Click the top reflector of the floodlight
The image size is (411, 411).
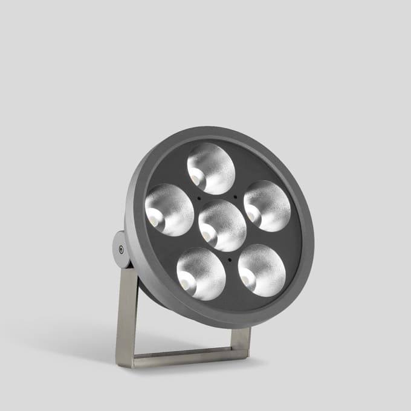pyautogui.click(x=211, y=169)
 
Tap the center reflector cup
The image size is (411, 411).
pyautogui.click(x=222, y=225)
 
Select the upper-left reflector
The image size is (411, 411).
pyautogui.click(x=169, y=210)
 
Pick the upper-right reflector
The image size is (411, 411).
pyautogui.click(x=267, y=205)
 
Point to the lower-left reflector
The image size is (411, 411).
pyautogui.click(x=201, y=274)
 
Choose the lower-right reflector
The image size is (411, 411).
pyautogui.click(x=262, y=270)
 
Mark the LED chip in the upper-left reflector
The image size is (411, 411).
pyautogui.click(x=154, y=219)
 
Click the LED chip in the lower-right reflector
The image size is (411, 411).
pyautogui.click(x=247, y=279)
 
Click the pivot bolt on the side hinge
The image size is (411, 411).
pyautogui.click(x=121, y=248)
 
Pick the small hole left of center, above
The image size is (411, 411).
pyautogui.click(x=199, y=198)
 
